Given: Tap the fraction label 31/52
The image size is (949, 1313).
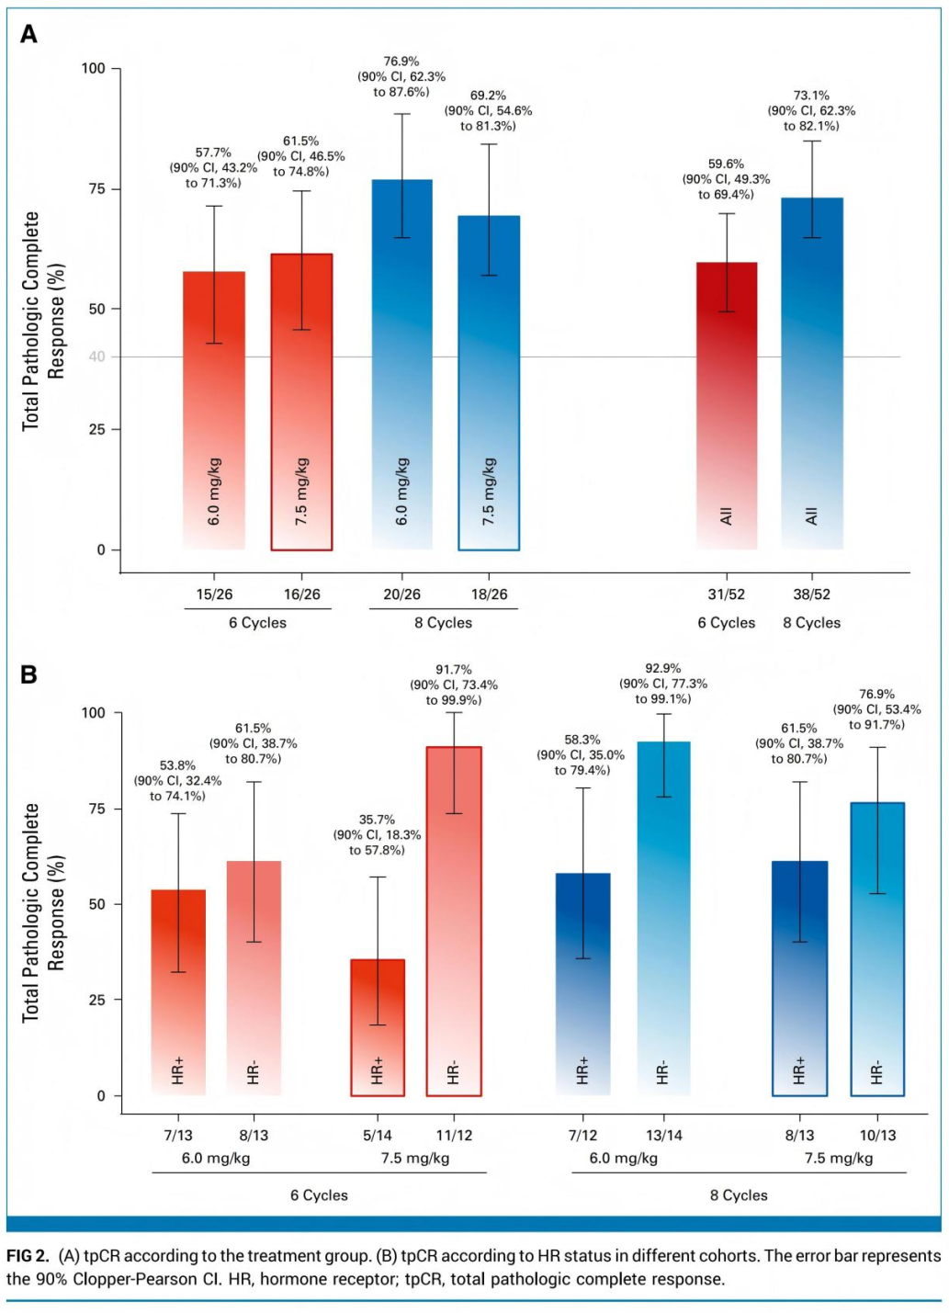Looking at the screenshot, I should tap(726, 594).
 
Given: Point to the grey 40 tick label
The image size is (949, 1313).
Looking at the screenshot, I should tap(96, 357).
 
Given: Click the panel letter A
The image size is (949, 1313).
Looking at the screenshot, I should tap(29, 35).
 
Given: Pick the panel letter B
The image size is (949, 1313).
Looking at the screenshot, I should tap(29, 675).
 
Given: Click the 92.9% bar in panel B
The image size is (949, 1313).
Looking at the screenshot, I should tap(663, 918).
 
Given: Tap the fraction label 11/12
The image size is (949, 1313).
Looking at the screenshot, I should tap(454, 1135).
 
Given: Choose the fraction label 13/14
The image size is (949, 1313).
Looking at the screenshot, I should tap(663, 1135).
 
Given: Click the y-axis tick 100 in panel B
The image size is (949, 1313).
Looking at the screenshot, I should tap(94, 713).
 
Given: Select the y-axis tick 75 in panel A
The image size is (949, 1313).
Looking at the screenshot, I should tap(97, 189).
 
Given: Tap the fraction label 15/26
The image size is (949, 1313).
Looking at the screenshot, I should tap(214, 594).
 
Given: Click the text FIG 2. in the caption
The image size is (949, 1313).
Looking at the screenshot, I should tap(28, 1256).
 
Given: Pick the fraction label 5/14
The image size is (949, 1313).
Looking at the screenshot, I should tap(378, 1135).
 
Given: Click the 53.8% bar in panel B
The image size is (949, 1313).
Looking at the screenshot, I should tap(178, 992).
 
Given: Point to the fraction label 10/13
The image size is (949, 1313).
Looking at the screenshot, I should tap(877, 1135).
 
